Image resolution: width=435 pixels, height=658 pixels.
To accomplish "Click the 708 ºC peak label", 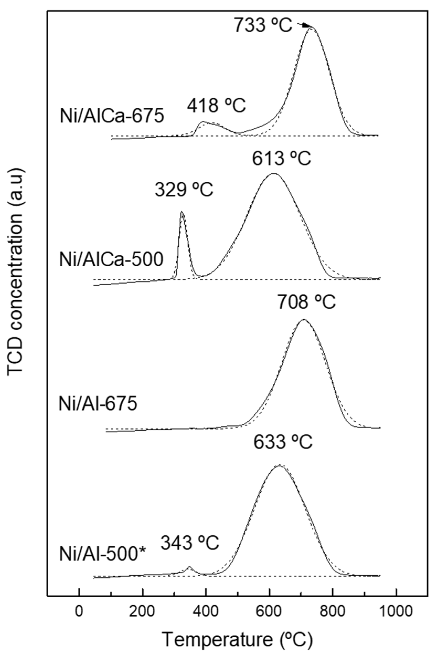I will coord(306,302).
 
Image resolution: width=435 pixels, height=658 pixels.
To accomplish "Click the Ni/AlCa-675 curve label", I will coord(112,117).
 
